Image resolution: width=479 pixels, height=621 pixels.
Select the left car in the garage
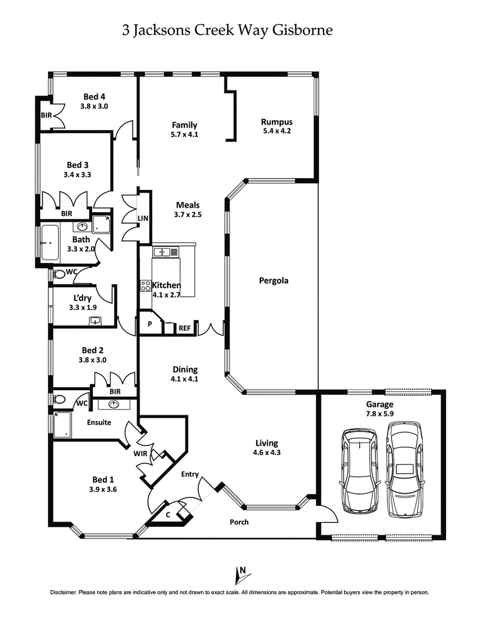click(359, 471)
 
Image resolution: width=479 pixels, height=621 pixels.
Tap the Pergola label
click(274, 280)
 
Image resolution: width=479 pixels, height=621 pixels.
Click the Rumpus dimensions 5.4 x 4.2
click(277, 131)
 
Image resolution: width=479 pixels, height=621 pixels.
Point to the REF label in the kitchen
click(184, 328)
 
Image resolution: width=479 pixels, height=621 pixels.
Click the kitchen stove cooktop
click(145, 286)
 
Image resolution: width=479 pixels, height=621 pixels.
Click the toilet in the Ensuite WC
click(59, 399)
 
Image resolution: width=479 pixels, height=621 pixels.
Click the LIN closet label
click(143, 219)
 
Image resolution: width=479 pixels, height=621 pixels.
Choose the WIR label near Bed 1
click(141, 453)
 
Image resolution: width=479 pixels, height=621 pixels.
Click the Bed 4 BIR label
click(46, 114)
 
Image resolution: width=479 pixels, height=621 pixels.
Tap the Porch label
click(239, 522)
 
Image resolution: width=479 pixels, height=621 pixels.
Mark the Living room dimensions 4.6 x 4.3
click(268, 453)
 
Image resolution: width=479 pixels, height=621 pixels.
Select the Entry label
click(190, 474)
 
